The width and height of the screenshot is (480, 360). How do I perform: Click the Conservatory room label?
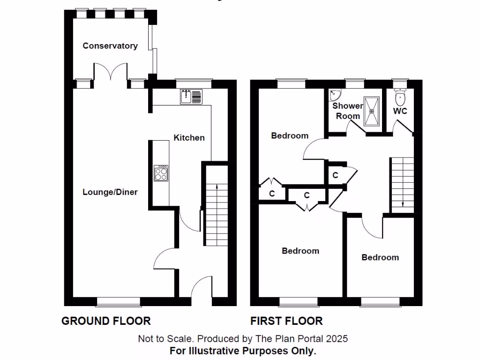point(110,46)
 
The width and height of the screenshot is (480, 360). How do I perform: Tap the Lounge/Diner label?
point(110,192)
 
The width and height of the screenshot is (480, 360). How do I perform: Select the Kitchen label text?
point(189,138)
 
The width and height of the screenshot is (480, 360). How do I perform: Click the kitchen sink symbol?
point(191,97)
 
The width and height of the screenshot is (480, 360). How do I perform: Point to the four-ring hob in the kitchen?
point(161,173)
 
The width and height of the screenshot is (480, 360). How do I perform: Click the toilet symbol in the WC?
point(400,97)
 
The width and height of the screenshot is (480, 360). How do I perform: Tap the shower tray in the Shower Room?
point(373,111)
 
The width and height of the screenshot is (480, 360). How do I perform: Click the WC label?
point(400,112)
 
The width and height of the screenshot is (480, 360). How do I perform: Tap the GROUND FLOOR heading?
point(106,321)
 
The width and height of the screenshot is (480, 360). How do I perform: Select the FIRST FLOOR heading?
point(286,321)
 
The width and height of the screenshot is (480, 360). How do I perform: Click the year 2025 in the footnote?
point(338,338)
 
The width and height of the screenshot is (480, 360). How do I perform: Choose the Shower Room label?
point(348,111)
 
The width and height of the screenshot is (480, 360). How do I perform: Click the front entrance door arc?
point(202,286)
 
